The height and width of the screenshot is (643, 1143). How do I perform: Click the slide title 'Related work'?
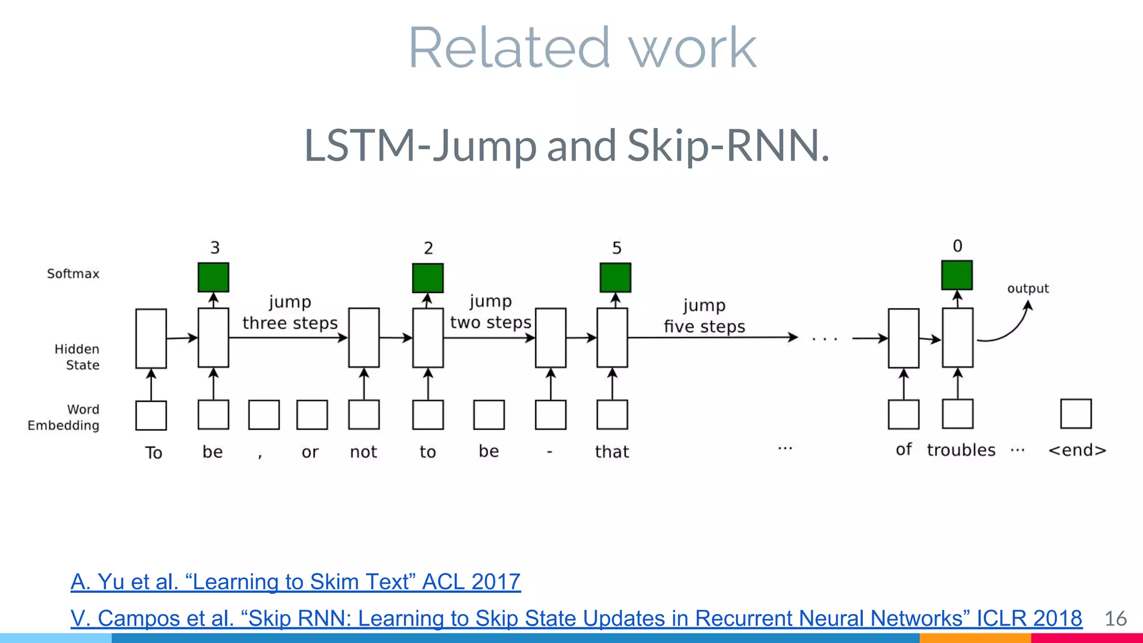582,49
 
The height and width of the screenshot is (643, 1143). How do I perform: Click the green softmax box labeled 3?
213,277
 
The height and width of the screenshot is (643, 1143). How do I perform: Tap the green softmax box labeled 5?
615,277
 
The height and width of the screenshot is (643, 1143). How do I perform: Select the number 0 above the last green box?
957,246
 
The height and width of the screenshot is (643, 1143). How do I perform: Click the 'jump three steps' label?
290,313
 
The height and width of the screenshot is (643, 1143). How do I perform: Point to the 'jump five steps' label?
704,316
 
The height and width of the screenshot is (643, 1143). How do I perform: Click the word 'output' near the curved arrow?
1027,289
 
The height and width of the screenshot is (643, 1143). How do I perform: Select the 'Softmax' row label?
73,273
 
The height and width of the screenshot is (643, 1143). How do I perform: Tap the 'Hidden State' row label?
77,357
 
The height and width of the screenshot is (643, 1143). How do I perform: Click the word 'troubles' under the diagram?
961,450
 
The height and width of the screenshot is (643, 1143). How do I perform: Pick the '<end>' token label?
1077,450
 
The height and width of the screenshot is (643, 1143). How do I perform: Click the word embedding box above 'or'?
312,415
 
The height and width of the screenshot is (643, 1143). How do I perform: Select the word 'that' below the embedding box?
612,452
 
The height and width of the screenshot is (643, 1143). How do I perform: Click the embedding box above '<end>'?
1075,414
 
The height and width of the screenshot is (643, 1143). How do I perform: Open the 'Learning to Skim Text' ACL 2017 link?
296,582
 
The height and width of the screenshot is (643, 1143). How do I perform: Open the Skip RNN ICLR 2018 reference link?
576,618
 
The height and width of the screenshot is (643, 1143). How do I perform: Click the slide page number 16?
1115,618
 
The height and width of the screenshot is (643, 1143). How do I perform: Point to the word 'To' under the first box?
153,452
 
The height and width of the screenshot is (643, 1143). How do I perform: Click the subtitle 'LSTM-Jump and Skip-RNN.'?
566,145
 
